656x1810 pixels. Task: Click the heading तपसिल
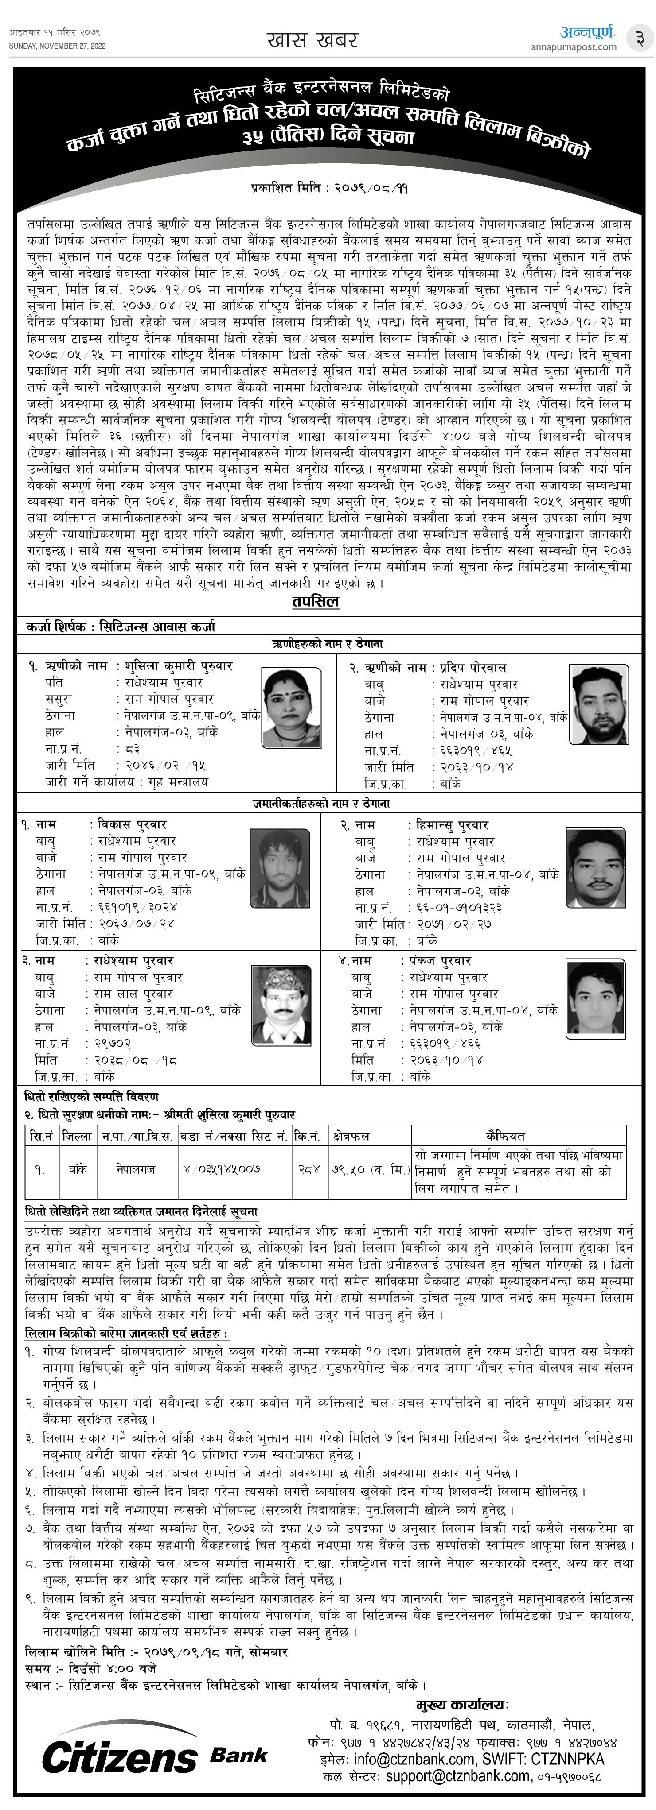tap(316, 601)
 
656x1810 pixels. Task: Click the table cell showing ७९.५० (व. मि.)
tap(369, 1169)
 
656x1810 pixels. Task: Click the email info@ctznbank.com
tap(414, 1760)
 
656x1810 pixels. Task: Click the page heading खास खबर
tap(313, 40)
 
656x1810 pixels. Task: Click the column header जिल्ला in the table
tap(77, 1136)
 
